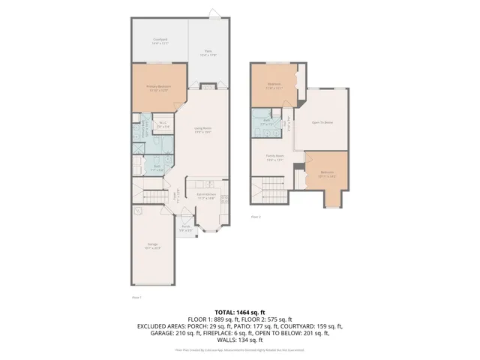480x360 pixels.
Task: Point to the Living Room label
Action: pyautogui.click(x=201, y=129)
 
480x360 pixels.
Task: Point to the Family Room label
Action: pyautogui.click(x=274, y=157)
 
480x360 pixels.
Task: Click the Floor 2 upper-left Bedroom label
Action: pyautogui.click(x=274, y=85)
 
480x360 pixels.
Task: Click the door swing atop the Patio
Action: pyautogui.click(x=215, y=13)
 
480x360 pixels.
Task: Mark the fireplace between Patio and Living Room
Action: pyautogui.click(x=206, y=85)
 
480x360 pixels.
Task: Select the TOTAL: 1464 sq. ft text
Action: pyautogui.click(x=240, y=311)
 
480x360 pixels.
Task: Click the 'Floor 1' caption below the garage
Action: pyautogui.click(x=136, y=298)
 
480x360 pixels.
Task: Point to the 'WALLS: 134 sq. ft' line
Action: pyautogui.click(x=240, y=341)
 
